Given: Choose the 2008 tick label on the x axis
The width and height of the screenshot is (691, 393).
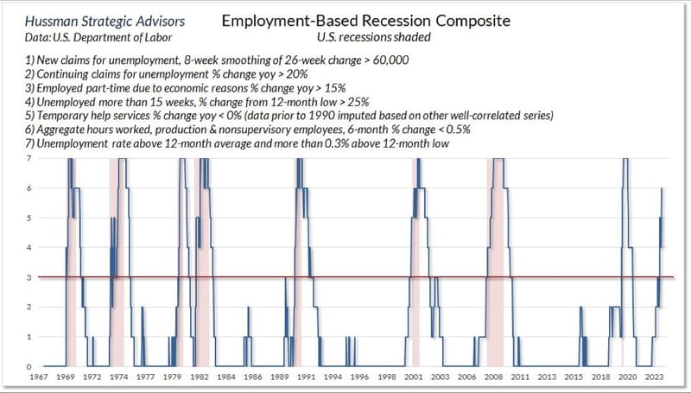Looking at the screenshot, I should click(x=495, y=377).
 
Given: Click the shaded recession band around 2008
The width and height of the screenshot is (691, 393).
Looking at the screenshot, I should click(x=494, y=259).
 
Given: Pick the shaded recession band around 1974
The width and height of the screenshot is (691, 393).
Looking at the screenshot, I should click(x=117, y=259).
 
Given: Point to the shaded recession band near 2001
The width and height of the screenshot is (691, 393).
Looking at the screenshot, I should click(x=415, y=259).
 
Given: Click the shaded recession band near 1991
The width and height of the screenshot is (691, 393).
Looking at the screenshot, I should click(x=298, y=259).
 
